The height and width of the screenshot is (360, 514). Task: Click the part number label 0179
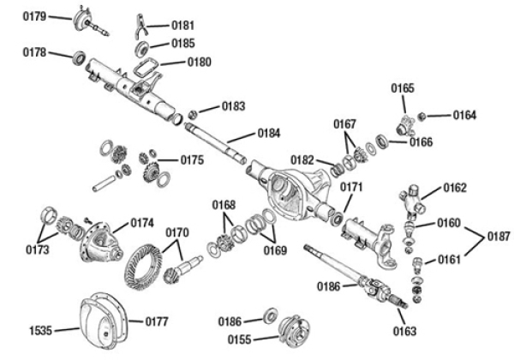coord(34,16)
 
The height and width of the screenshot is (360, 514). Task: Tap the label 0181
coord(182,26)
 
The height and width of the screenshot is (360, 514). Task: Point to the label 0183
coord(233,106)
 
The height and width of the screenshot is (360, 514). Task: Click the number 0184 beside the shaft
coord(268,133)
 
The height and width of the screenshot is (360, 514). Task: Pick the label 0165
coord(403,87)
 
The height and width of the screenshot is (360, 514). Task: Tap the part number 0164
coord(465,115)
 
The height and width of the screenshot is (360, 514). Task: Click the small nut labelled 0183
coord(194,113)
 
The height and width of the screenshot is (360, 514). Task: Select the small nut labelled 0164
coord(426,114)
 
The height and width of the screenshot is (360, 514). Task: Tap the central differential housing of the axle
coord(290,191)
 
